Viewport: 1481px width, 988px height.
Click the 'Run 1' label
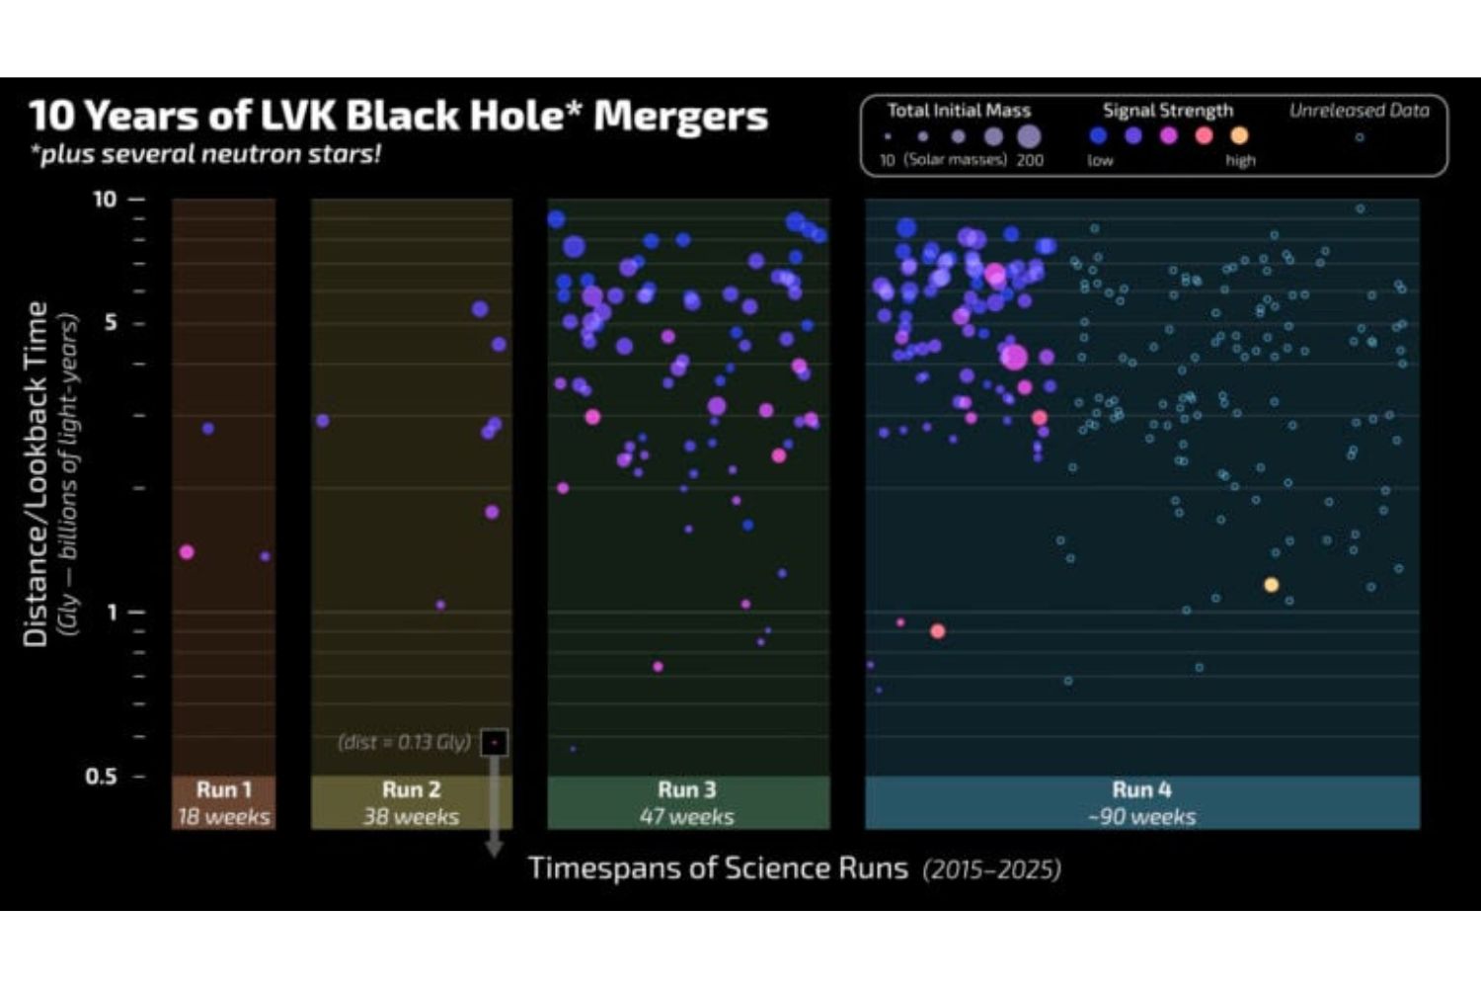coord(224,789)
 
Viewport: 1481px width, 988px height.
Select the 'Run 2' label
coord(411,789)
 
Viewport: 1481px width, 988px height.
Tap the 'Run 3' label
coord(687,789)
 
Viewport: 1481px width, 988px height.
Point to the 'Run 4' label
coord(1141,789)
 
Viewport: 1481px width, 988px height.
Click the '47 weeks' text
coord(687,817)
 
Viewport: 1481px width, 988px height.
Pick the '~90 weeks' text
coord(1141,817)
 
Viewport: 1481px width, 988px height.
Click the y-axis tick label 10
coord(105,200)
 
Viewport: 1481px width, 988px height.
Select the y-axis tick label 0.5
coord(101,777)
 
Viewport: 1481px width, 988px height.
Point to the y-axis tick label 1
coord(112,613)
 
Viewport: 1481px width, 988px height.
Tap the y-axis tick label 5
coord(111,323)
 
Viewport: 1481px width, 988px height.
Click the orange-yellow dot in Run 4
coord(1272,585)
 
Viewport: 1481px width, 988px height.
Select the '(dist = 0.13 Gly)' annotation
coord(404,742)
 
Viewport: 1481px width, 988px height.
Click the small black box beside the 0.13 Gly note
coord(495,742)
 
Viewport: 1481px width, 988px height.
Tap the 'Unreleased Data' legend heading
coord(1359,111)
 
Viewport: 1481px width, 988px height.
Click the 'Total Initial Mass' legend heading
coord(958,111)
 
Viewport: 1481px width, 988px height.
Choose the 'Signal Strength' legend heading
coord(1168,111)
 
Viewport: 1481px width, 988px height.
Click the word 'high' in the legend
coord(1241,160)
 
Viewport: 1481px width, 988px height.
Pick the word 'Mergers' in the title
coord(680,117)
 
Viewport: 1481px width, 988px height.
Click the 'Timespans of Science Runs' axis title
coord(718,868)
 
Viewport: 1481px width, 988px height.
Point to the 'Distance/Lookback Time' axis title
coord(37,474)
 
